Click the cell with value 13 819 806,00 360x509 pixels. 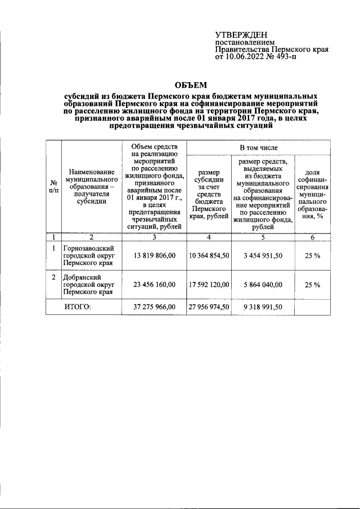(x=154, y=255)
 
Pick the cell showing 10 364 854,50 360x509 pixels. (x=208, y=255)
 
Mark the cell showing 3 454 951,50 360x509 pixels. (x=263, y=255)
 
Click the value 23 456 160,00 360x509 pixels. (x=154, y=285)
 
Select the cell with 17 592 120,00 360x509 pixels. (x=208, y=285)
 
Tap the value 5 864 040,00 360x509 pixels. (x=263, y=285)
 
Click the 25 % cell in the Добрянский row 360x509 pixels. (x=312, y=285)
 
